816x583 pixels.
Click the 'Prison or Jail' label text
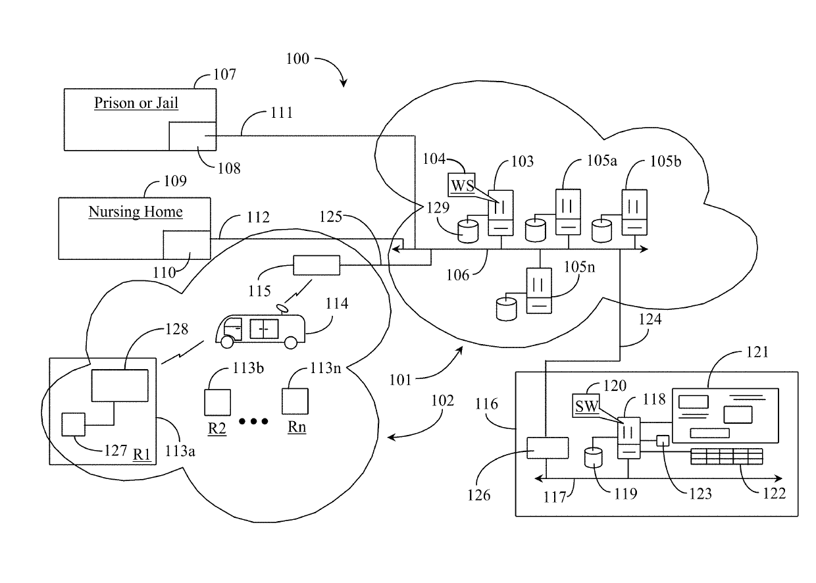pos(136,103)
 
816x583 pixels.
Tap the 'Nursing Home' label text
pos(136,212)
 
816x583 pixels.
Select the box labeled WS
pos(462,185)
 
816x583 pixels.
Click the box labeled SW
pos(587,406)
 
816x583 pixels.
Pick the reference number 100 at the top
pos(297,59)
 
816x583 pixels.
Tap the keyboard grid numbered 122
pos(727,455)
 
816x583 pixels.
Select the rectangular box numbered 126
pos(548,447)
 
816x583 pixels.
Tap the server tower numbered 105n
pos(538,291)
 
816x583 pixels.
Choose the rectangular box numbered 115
pos(317,265)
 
